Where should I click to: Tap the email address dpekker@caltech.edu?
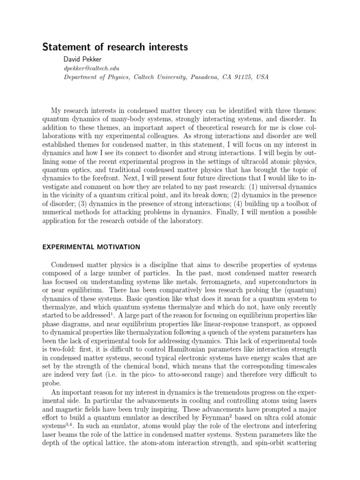click(x=90, y=68)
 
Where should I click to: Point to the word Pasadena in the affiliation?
click(x=205, y=77)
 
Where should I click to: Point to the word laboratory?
click(x=184, y=221)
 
